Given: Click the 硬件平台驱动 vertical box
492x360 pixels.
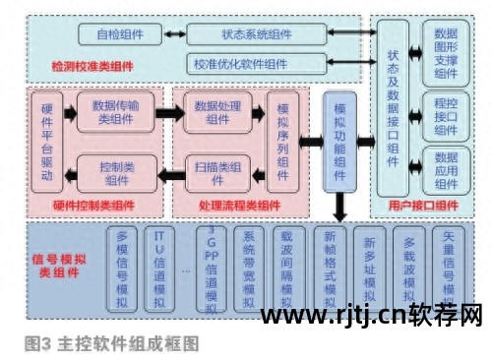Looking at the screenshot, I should click(46, 144).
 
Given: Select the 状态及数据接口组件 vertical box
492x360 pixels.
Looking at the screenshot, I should click(393, 114).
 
